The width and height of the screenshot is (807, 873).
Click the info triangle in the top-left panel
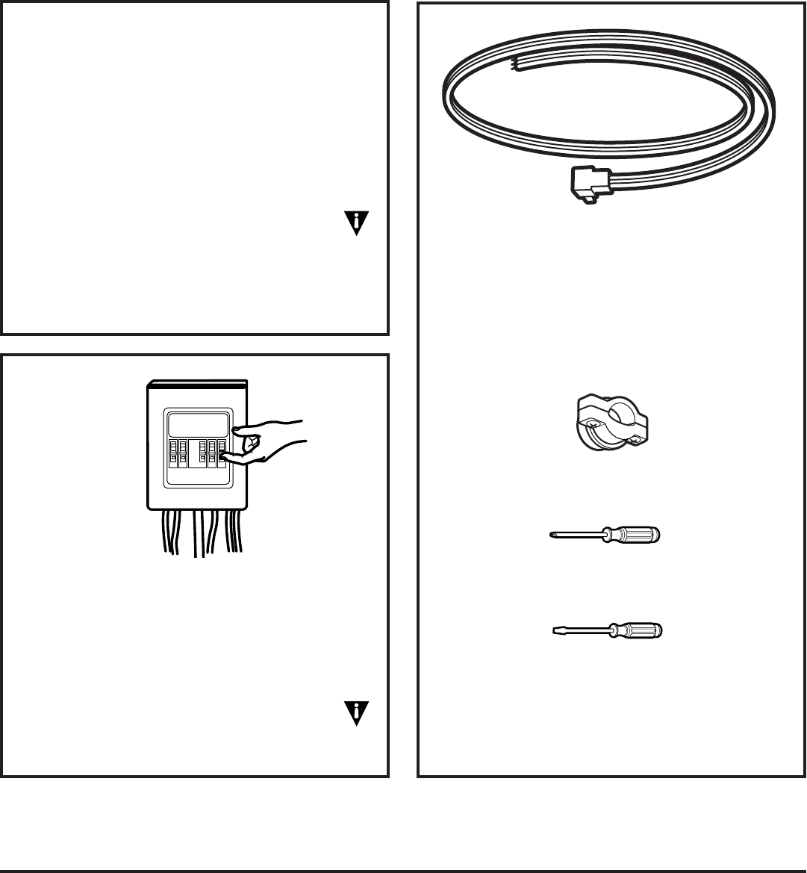click(357, 223)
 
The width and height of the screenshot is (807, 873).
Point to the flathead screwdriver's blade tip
click(553, 631)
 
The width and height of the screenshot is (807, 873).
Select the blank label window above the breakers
click(198, 424)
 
